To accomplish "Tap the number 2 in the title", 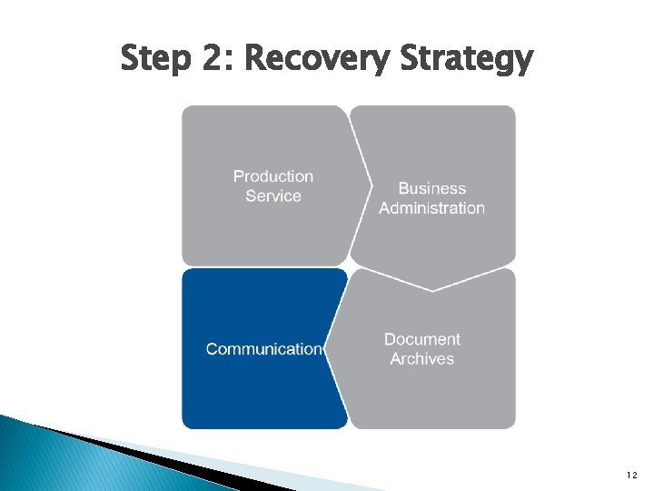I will click(211, 60).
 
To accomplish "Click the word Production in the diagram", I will click(272, 176).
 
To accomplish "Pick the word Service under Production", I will click(272, 196).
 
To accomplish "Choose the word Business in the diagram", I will click(431, 188).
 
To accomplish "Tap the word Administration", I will click(431, 208).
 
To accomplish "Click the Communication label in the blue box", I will click(264, 349).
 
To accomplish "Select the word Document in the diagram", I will click(421, 339).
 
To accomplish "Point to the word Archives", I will click(421, 359).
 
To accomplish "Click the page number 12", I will click(632, 475).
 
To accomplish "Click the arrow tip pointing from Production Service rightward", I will click(371, 185).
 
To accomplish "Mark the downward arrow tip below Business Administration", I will click(432, 288).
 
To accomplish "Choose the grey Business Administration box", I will click(436, 145).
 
